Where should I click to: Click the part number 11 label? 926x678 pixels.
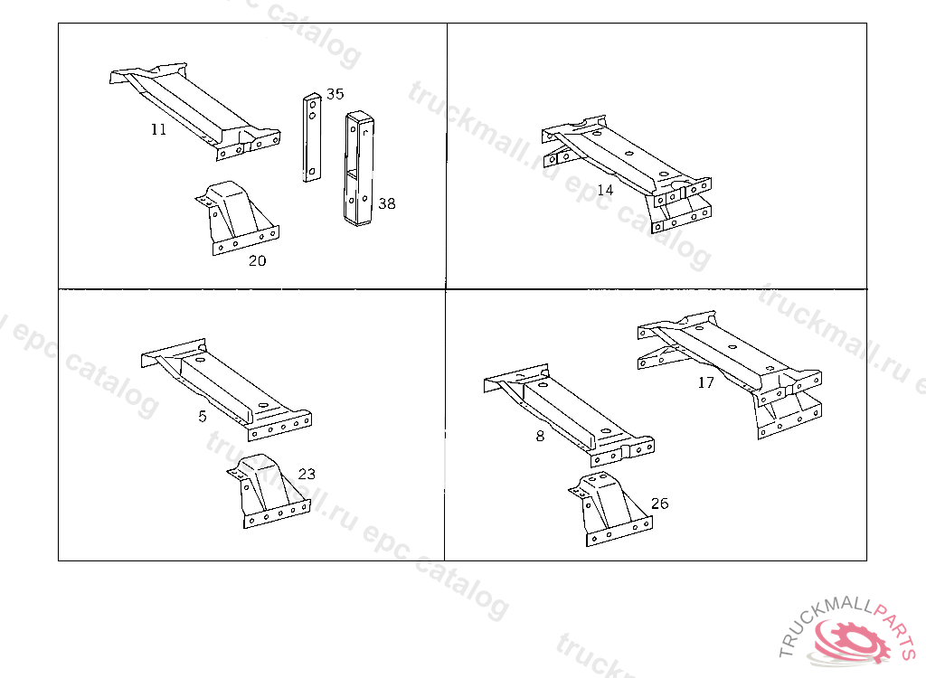tap(159, 129)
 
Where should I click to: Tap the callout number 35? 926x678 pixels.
tap(335, 94)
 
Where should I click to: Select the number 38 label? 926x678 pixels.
tap(387, 203)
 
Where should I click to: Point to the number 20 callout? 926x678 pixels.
tap(258, 260)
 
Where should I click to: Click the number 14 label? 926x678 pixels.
tap(605, 190)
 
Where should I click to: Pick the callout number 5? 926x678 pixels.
tap(203, 417)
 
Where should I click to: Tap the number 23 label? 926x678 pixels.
tap(307, 474)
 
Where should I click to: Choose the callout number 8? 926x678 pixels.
tap(541, 436)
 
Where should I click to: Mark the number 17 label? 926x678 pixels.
tap(706, 382)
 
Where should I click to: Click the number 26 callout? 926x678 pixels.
tap(659, 504)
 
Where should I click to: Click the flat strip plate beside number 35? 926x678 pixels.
tap(312, 137)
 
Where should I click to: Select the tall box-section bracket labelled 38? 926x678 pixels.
tap(359, 169)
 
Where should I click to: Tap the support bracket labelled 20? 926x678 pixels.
tap(238, 219)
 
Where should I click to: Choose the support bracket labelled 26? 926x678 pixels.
tap(610, 510)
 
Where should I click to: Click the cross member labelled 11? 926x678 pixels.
tap(195, 111)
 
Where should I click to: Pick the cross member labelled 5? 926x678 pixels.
tap(227, 389)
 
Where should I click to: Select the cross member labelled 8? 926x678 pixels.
tap(569, 415)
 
